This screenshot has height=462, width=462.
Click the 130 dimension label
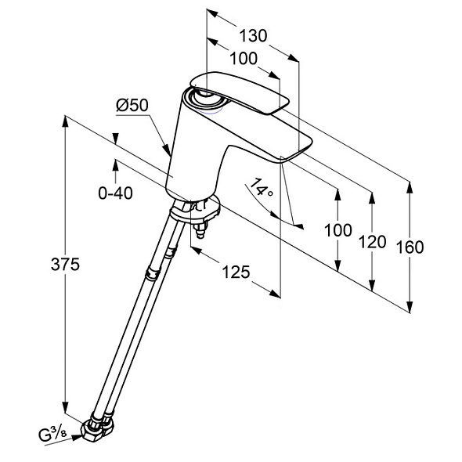253,36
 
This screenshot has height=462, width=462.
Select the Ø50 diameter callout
132,105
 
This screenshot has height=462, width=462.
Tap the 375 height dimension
65,264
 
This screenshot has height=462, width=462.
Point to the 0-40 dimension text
115,193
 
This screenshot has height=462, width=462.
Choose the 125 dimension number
236,272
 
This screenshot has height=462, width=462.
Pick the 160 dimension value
410,247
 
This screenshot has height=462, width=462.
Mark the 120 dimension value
372,242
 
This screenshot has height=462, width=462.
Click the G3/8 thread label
52,435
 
